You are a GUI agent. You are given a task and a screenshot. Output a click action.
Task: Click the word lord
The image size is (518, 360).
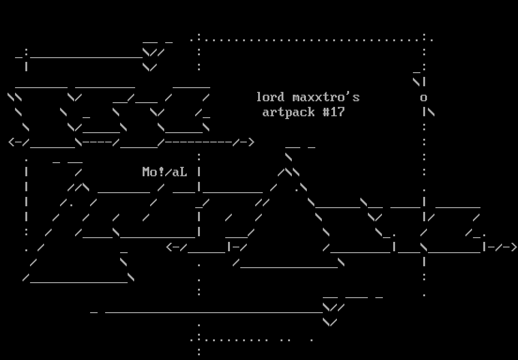[x=270, y=97]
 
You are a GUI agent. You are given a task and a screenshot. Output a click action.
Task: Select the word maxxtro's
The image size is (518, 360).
[x=326, y=97]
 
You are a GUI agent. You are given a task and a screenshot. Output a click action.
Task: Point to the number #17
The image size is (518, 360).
[x=334, y=112]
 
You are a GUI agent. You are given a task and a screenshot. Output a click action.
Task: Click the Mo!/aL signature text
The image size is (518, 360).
[x=165, y=172]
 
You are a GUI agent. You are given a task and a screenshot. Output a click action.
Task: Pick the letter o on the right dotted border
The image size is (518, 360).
[x=424, y=97]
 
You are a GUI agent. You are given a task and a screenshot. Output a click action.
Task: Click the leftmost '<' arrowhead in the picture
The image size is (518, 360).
[x=11, y=142]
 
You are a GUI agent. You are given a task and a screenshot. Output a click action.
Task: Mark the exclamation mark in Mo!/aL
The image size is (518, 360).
[x=161, y=172]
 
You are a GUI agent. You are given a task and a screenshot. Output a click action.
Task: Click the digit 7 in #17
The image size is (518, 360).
[x=341, y=112]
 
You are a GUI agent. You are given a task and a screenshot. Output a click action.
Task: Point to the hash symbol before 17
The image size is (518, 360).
[x=326, y=112]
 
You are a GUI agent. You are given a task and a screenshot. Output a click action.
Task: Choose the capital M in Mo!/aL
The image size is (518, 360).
[x=146, y=172]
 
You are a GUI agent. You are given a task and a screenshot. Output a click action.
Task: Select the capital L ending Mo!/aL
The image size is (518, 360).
[x=183, y=172]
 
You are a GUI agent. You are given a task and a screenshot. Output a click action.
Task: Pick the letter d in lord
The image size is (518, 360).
[x=281, y=97]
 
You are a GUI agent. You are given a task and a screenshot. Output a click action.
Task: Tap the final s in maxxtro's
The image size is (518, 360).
[x=356, y=97]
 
